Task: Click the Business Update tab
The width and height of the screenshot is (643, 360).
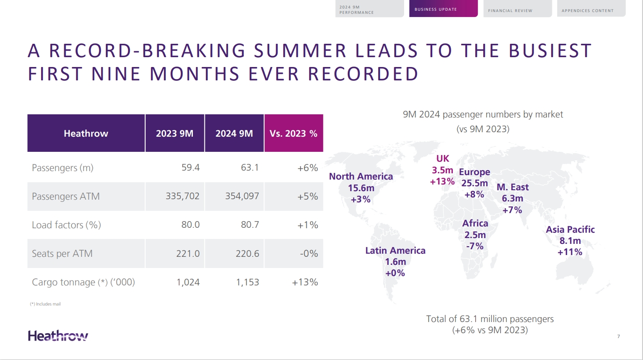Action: tap(443, 9)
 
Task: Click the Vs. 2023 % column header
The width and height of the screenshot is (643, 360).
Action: tap(293, 134)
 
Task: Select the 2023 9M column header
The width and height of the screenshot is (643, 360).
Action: tap(175, 134)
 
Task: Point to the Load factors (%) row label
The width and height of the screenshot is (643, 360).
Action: tap(66, 225)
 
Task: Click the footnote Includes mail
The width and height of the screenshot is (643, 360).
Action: tap(45, 304)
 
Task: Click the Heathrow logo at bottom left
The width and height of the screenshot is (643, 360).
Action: tap(58, 336)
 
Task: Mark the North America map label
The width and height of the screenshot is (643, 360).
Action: tap(361, 176)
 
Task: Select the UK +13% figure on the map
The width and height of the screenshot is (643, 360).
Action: tap(442, 182)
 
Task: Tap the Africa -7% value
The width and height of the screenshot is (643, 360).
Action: tap(474, 246)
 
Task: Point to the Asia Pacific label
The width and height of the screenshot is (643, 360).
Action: tap(570, 230)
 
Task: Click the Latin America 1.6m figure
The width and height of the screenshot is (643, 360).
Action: tap(395, 262)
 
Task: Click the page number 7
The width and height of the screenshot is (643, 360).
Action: tap(618, 336)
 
